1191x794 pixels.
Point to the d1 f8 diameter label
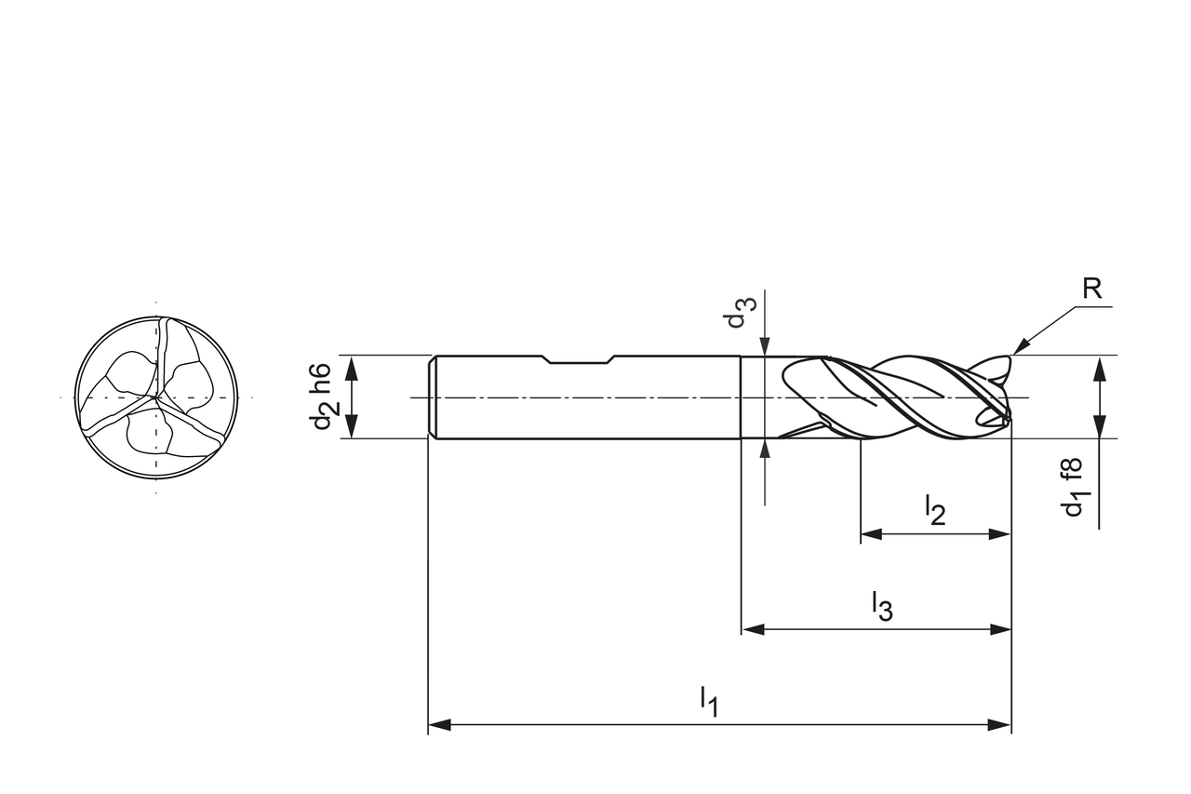click(1073, 487)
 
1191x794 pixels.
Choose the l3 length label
click(881, 605)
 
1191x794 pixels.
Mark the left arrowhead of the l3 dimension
click(753, 629)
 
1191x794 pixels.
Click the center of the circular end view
click(156, 397)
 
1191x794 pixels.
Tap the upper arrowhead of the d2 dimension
click(352, 366)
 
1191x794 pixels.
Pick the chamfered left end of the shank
click(433, 397)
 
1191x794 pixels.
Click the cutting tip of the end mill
click(1007, 400)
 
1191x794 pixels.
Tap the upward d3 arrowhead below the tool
click(763, 450)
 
